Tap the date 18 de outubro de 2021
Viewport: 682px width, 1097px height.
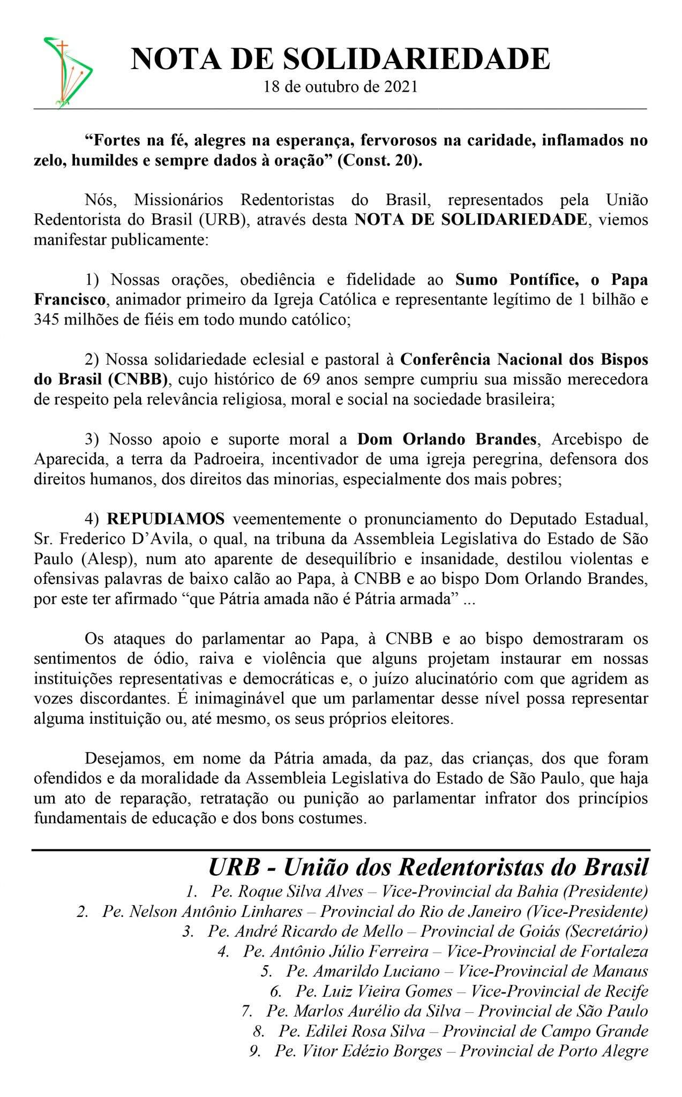(x=340, y=87)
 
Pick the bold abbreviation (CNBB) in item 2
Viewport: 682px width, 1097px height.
(x=137, y=379)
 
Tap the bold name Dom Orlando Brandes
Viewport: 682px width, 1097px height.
(x=447, y=439)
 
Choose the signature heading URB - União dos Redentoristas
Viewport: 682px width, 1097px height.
(x=428, y=867)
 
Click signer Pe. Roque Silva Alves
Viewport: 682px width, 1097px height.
(x=287, y=892)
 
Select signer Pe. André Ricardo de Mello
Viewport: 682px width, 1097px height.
(x=305, y=931)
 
